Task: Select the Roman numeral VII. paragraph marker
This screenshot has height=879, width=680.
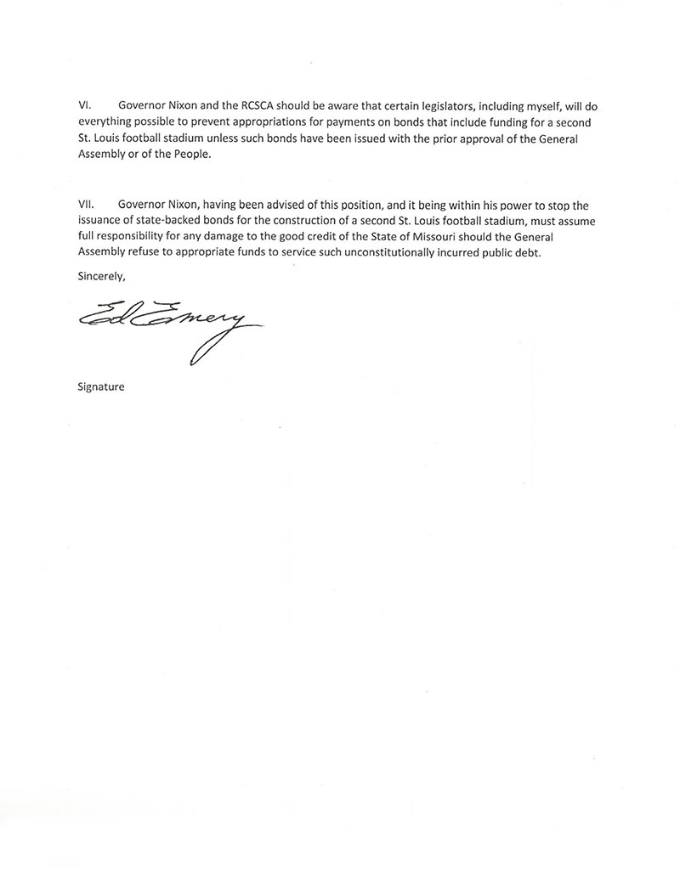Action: click(85, 206)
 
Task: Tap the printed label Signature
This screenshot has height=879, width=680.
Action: click(100, 387)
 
